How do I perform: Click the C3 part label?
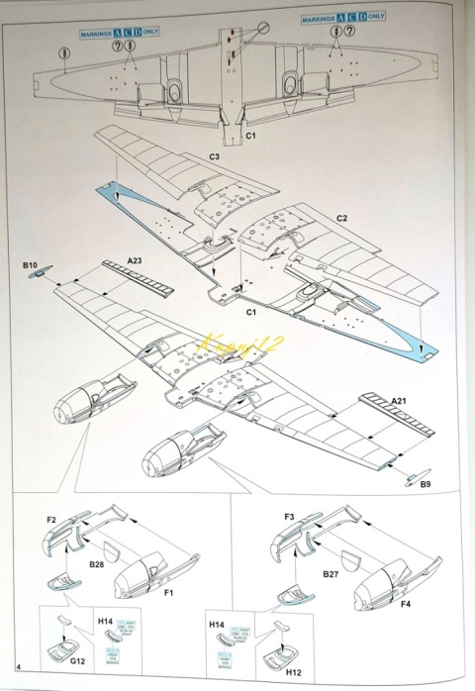coord(214,157)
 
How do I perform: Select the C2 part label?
coord(342,218)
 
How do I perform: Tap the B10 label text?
coord(29,265)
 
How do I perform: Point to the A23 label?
coord(135,260)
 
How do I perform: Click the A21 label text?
coord(399,400)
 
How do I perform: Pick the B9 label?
coord(426,484)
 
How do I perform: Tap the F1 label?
coord(168,592)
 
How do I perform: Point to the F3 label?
coord(289,517)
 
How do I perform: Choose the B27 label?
coord(331,573)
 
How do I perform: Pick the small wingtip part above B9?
coord(416,472)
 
